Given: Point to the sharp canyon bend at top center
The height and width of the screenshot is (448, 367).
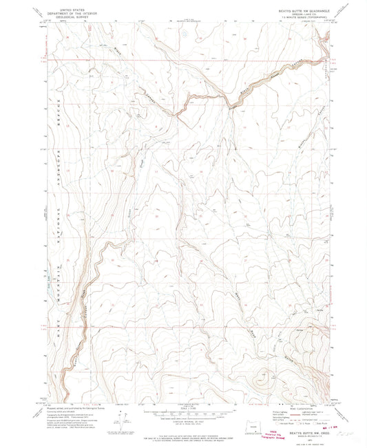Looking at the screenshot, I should click(x=227, y=103).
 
